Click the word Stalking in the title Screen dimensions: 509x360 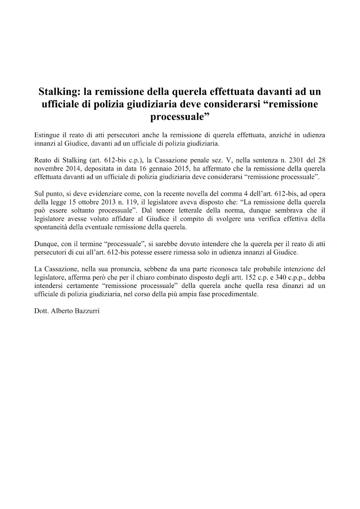coord(58,92)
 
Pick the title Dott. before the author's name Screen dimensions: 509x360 coord(41,311)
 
